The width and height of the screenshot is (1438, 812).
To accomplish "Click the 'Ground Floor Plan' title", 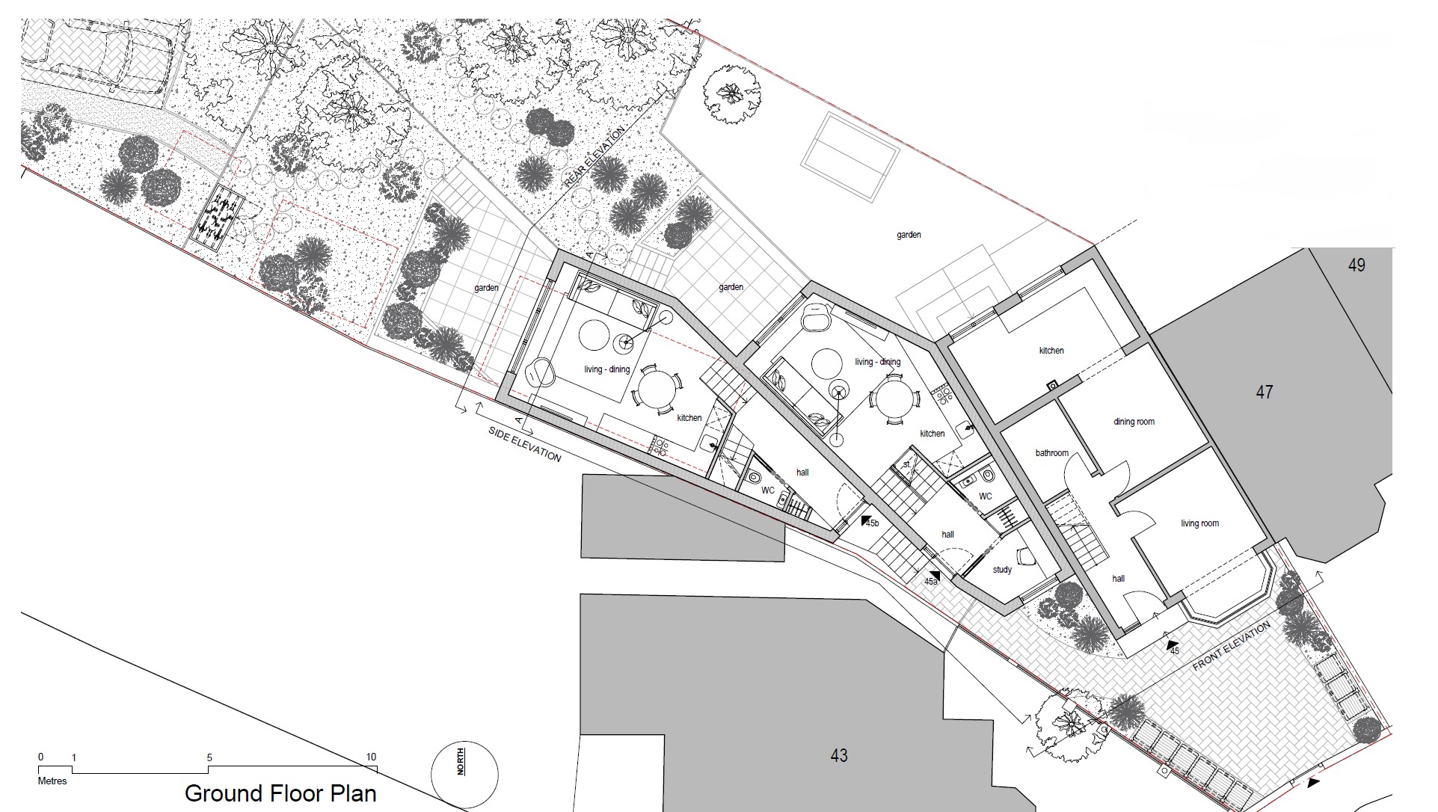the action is [280, 793].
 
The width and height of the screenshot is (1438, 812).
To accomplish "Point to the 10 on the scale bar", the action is [371, 757].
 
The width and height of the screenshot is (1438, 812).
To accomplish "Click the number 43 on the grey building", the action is [839, 756].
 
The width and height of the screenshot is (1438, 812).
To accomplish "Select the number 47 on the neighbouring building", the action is [1264, 392].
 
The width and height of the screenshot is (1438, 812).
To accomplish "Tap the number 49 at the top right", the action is [1356, 265].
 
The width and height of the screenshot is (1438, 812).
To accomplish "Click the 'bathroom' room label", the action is [1051, 453].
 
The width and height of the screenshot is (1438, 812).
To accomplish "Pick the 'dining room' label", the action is [1134, 422].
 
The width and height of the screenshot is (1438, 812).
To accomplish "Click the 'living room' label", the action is [1199, 523].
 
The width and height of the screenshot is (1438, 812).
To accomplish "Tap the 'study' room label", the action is [1002, 570].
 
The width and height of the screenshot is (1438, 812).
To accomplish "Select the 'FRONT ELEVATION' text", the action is [1231, 646].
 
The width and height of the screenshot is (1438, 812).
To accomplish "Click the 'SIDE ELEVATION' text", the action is [525, 444].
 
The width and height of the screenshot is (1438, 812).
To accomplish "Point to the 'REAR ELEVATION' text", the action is [594, 158].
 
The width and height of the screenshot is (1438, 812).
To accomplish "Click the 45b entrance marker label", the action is [872, 523].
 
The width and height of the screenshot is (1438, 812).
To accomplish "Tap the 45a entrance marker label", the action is [931, 581].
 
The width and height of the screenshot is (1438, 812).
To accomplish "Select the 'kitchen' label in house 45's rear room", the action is [1051, 351].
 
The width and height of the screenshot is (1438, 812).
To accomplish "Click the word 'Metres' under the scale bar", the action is [52, 781].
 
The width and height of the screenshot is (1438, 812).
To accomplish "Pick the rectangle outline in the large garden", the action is [850, 157].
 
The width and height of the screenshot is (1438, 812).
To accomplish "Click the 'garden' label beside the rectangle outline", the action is [909, 235].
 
